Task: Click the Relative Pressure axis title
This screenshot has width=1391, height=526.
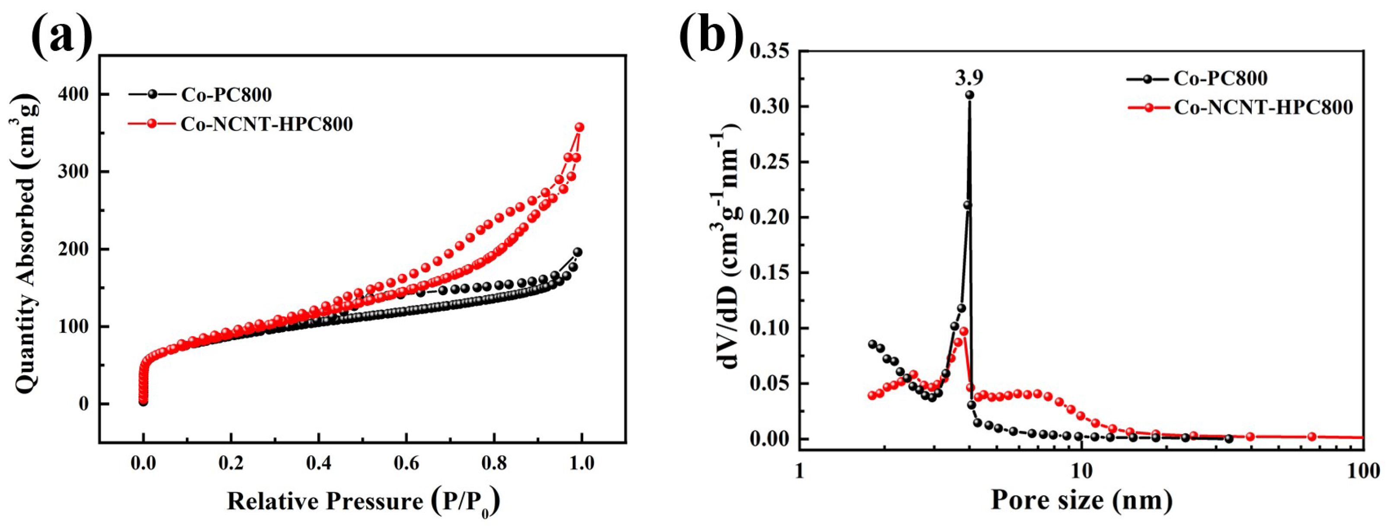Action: coord(362,502)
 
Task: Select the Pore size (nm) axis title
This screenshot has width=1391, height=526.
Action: coord(1081,500)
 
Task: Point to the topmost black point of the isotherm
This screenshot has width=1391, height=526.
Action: coord(578,252)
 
